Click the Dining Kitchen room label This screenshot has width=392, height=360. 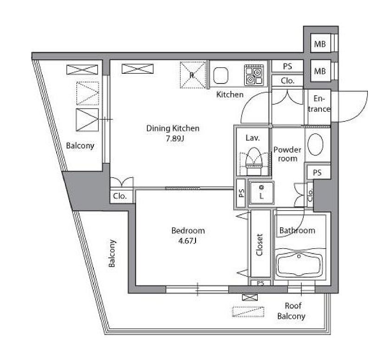[173, 129]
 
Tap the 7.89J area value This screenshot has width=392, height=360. [173, 138]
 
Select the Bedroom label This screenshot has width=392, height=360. [188, 231]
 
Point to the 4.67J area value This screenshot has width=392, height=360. [188, 240]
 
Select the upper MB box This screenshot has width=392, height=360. [320, 45]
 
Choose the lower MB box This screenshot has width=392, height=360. [320, 71]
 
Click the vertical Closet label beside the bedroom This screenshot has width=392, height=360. [260, 244]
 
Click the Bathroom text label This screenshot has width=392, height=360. [297, 230]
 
